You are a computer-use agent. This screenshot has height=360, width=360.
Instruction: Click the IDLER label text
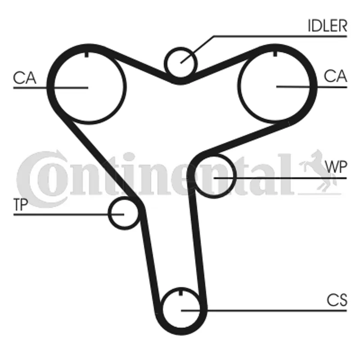tap(328, 26)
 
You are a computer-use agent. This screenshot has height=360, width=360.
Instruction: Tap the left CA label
tap(25, 78)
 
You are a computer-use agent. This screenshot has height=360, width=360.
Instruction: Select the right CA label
tap(335, 76)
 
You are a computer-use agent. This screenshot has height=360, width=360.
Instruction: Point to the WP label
tap(336, 166)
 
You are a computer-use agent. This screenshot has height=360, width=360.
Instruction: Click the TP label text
tap(21, 204)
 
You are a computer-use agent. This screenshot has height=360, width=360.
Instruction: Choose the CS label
tap(337, 300)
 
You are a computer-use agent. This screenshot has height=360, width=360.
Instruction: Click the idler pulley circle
tap(181, 63)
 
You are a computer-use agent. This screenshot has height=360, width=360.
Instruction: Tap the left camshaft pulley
tap(88, 87)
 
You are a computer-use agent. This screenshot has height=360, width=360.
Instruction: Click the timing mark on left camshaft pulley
tap(86, 54)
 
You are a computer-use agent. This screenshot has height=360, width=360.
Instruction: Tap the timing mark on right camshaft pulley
tap(275, 54)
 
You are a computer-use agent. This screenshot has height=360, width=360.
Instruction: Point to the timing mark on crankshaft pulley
tap(181, 293)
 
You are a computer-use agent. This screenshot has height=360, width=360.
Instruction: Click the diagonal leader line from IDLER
tap(198, 49)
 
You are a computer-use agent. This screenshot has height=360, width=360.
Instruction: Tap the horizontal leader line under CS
tap(264, 310)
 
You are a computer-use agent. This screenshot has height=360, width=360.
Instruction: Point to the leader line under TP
tap(69, 215)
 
